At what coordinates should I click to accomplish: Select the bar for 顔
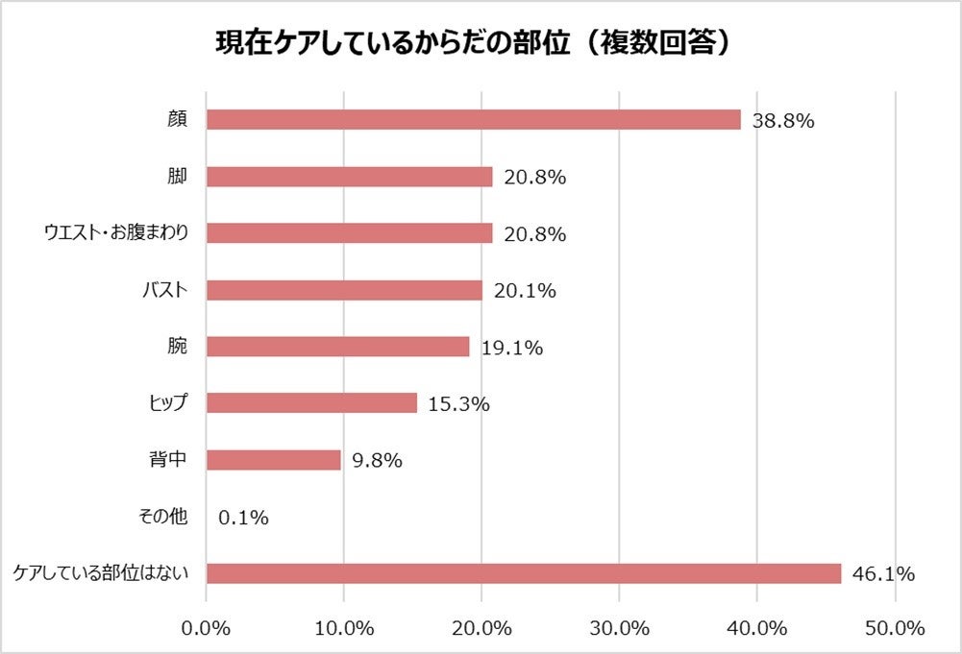click(474, 120)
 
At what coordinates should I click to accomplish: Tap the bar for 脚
click(350, 177)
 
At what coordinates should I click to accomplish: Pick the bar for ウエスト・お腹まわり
click(350, 233)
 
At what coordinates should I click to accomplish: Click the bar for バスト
click(344, 290)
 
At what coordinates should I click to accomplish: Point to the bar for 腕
click(338, 347)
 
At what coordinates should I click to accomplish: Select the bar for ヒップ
click(312, 403)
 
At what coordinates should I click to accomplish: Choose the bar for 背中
click(274, 460)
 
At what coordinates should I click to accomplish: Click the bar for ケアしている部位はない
click(524, 573)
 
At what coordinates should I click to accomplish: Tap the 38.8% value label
click(784, 121)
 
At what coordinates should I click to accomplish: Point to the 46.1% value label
click(883, 574)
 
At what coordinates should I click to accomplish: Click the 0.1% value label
click(243, 518)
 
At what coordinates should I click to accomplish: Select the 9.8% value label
click(377, 461)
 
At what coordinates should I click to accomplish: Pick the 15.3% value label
click(458, 404)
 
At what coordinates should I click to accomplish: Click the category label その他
click(163, 517)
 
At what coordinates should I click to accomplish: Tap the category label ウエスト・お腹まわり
click(117, 233)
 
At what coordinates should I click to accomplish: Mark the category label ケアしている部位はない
click(99, 573)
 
